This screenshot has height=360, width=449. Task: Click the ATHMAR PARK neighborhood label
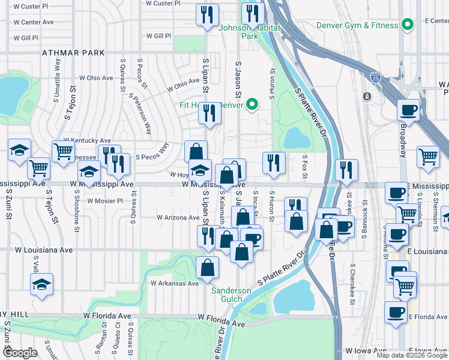(70, 53)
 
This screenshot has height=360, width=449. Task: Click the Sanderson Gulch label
(231, 295)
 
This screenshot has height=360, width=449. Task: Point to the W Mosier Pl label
(105, 201)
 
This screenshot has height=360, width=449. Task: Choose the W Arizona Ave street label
(178, 217)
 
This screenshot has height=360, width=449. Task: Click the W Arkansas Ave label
(174, 283)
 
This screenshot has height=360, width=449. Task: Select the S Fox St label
(305, 167)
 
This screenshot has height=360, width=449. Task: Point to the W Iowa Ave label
(366, 350)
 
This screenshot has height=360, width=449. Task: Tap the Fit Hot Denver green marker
(253, 104)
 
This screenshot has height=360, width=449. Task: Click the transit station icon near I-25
(366, 96)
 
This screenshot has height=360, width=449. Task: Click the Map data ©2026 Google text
(411, 355)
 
